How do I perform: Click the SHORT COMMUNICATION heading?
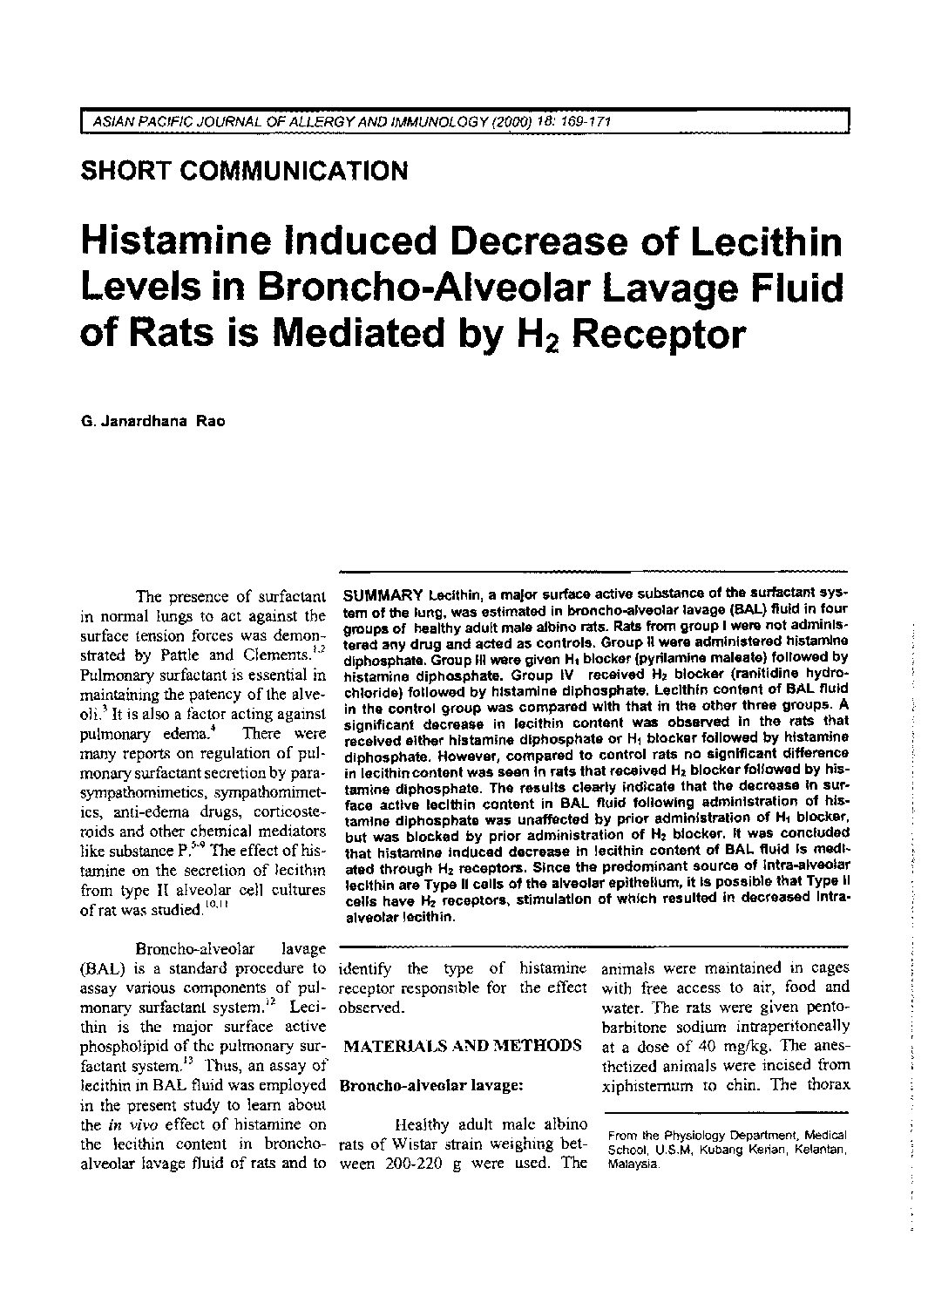243,170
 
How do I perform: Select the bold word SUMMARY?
383,596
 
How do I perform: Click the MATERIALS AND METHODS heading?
463,1045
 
